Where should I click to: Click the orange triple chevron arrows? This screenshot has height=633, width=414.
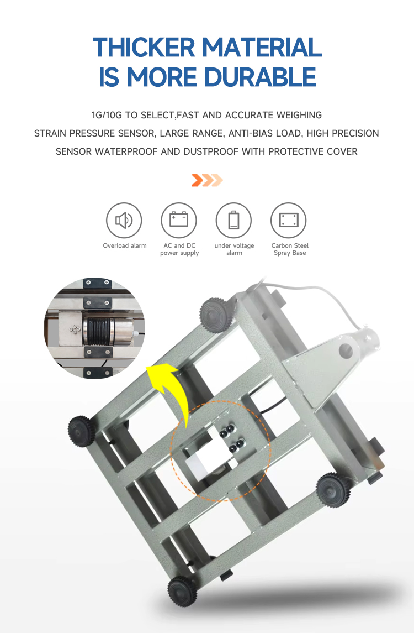click(206, 180)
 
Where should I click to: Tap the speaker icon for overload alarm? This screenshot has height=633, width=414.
click(124, 221)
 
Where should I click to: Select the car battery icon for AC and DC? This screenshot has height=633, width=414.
click(179, 221)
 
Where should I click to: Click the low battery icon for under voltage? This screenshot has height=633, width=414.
click(234, 221)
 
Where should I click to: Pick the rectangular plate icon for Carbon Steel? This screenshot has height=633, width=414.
click(289, 221)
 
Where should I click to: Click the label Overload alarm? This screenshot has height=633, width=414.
click(125, 245)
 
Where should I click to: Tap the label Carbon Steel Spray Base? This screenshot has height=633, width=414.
click(290, 249)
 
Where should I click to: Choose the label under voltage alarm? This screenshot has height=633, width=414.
click(234, 249)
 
